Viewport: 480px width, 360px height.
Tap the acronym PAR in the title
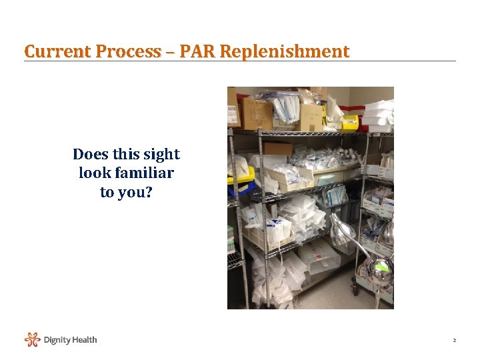(194, 51)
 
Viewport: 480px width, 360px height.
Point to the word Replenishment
(283, 51)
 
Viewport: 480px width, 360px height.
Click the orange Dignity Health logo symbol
(32, 340)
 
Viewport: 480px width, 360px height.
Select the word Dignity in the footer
(57, 340)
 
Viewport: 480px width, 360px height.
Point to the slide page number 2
(454, 341)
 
